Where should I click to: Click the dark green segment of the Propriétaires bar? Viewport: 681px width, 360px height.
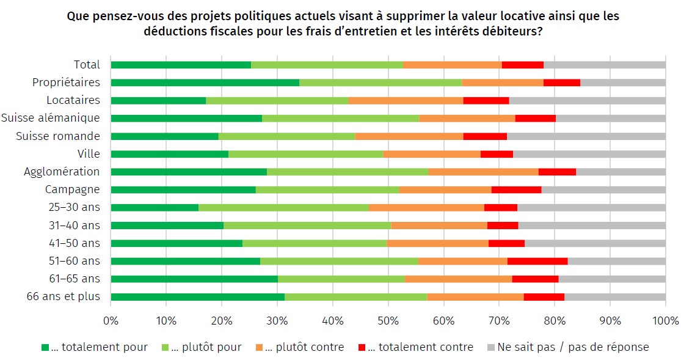pos(205,83)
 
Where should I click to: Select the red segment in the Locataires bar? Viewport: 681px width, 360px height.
pos(486,100)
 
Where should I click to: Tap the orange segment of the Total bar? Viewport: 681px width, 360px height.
pos(452,65)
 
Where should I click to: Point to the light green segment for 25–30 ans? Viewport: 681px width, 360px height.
pos(283,207)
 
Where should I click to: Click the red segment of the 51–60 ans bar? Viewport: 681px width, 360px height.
pos(537,261)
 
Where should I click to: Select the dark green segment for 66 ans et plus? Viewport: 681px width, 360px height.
pos(197,297)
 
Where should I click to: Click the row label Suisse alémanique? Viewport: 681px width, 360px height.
pos(51,118)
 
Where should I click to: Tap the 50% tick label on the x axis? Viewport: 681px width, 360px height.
pos(388,320)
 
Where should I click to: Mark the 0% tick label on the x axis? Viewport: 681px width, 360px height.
pos(111,320)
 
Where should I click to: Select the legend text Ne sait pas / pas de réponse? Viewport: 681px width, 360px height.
pos(573,347)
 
